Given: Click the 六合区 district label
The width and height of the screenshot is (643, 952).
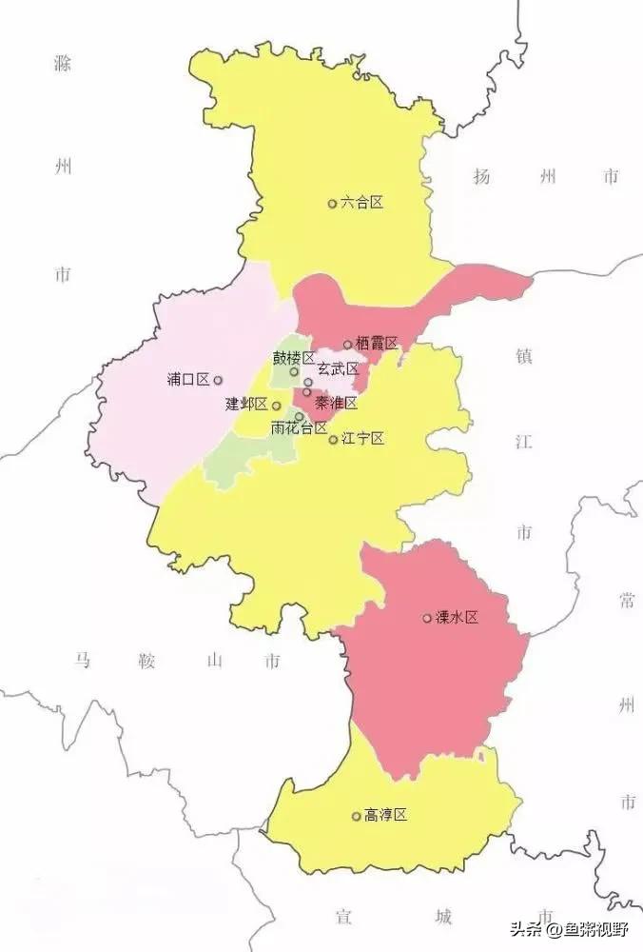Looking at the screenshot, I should tap(361, 203).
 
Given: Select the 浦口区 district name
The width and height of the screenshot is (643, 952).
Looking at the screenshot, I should tap(187, 380).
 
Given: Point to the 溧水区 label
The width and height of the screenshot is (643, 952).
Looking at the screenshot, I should tap(457, 618).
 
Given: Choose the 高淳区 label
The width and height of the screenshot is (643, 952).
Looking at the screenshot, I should tap(385, 816).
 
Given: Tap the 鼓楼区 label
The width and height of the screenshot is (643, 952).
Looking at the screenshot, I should tap(294, 358).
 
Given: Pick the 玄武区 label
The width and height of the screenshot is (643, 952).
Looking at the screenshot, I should tap(338, 369).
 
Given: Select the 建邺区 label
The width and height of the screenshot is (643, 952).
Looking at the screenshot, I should tap(246, 404).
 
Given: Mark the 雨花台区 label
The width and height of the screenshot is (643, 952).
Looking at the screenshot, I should tap(299, 428).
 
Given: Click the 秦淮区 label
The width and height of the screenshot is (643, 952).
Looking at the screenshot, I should tap(337, 404).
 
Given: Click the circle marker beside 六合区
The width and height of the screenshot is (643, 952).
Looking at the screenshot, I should tap(333, 203).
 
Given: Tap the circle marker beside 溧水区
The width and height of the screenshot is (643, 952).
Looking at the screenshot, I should tap(427, 619).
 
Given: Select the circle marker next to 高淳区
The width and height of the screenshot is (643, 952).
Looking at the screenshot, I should tap(357, 816).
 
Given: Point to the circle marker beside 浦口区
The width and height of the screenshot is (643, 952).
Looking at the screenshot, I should tap(218, 380).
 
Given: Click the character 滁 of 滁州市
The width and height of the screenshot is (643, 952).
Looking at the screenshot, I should tap(63, 64).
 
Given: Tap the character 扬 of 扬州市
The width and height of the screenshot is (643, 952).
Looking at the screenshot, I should tap(481, 176).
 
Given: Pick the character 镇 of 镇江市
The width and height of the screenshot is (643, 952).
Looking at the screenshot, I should tap(524, 356).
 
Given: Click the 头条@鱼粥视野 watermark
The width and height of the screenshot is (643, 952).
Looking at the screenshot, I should tap(572, 930).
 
